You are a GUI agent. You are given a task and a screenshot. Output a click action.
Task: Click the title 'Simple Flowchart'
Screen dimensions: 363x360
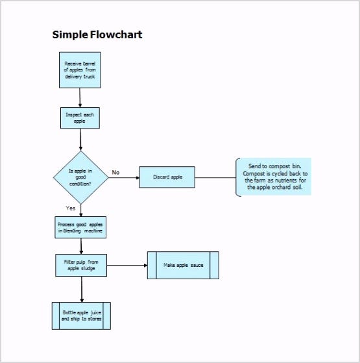pyautogui.click(x=97, y=34)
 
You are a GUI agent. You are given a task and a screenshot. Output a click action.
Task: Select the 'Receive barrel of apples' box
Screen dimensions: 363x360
pyautogui.click(x=80, y=69)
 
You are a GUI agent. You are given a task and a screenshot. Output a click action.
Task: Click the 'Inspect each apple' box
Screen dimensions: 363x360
pyautogui.click(x=80, y=118)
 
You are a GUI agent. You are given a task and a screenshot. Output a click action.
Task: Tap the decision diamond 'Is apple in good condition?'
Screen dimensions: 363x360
pyautogui.click(x=80, y=177)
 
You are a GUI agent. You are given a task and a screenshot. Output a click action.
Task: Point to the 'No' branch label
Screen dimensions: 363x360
pyautogui.click(x=115, y=172)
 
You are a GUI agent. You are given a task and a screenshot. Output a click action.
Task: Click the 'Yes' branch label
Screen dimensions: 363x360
pyautogui.click(x=71, y=208)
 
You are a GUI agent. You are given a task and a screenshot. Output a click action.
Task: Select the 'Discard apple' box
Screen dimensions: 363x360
pyautogui.click(x=167, y=177)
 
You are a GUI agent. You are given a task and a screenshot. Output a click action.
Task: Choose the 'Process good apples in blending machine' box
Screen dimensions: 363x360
pyautogui.click(x=80, y=227)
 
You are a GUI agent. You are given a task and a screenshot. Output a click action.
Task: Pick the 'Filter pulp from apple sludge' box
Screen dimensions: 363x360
pyautogui.click(x=80, y=265)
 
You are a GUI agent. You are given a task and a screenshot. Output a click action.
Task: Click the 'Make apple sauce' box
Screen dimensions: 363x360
pyautogui.click(x=182, y=265)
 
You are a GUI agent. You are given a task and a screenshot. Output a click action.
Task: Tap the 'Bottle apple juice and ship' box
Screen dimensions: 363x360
pyautogui.click(x=80, y=316)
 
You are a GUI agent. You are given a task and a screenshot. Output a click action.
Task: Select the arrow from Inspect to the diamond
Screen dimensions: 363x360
pyautogui.click(x=80, y=139)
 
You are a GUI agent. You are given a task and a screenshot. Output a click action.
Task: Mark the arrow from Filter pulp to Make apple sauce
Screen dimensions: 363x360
pyautogui.click(x=126, y=265)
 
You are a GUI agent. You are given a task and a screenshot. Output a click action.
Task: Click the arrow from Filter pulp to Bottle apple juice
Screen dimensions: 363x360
pyautogui.click(x=81, y=288)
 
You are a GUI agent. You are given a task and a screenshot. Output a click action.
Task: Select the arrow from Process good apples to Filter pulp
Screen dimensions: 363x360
pyautogui.click(x=81, y=245)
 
